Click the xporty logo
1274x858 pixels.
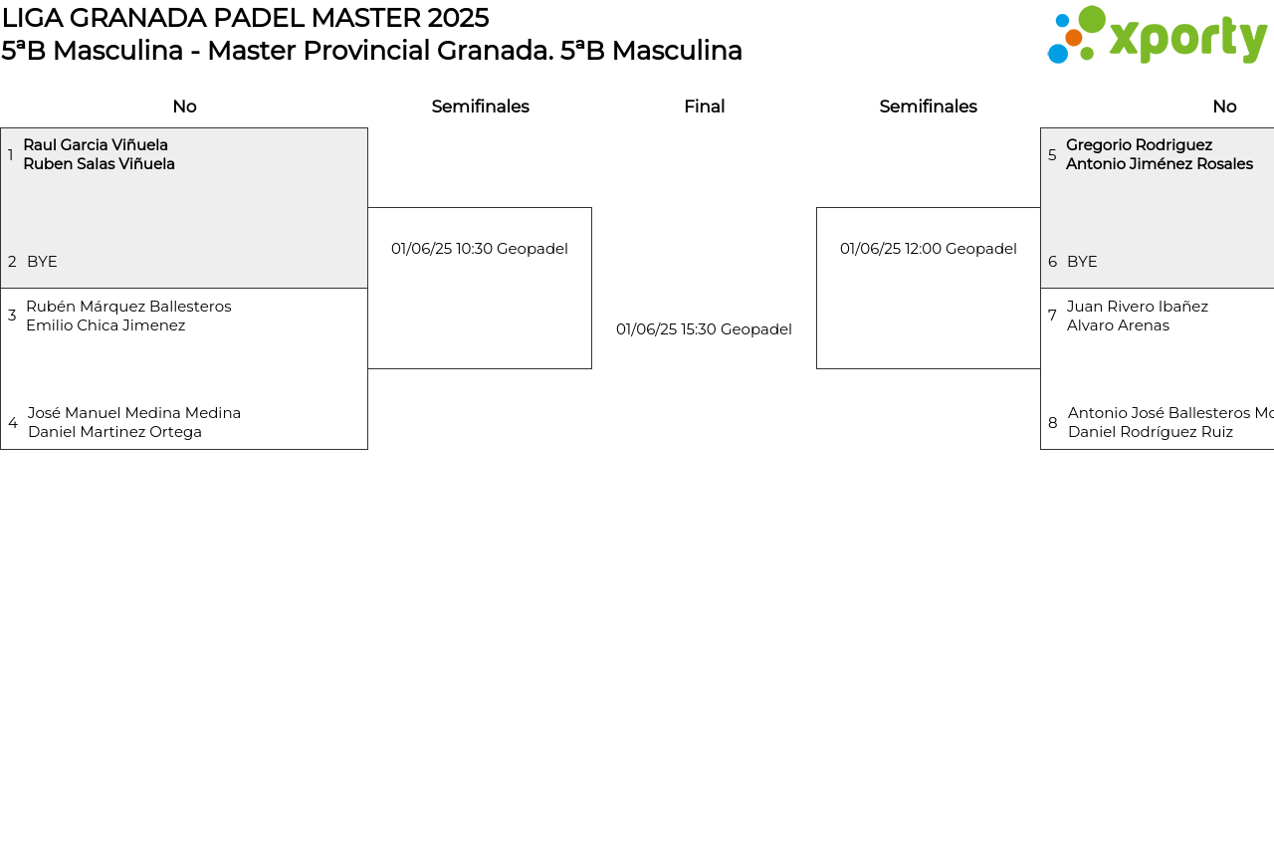click(x=1157, y=36)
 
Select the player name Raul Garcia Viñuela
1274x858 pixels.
click(x=96, y=145)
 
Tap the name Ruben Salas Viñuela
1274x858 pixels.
click(x=99, y=164)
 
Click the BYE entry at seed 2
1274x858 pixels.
click(x=42, y=262)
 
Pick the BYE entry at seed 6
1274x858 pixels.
click(x=1082, y=262)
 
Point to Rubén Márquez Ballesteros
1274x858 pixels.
click(x=128, y=307)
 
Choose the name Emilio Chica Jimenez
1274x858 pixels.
click(x=106, y=325)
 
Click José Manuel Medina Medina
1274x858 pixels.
click(x=134, y=413)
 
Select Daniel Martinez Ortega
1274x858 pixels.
click(x=114, y=432)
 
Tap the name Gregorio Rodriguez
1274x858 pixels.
click(x=1139, y=145)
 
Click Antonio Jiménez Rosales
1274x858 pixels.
click(x=1159, y=164)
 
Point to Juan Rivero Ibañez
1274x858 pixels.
click(x=1137, y=307)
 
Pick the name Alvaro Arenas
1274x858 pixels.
click(x=1118, y=325)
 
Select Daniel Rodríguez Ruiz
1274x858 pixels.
click(x=1150, y=432)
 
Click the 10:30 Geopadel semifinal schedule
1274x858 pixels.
click(x=480, y=249)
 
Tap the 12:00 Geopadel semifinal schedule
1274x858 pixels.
click(x=928, y=249)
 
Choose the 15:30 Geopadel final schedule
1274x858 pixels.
click(x=704, y=329)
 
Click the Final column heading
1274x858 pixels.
click(x=704, y=107)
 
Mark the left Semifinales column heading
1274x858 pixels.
click(x=480, y=107)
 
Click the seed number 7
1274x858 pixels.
click(x=1052, y=316)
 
